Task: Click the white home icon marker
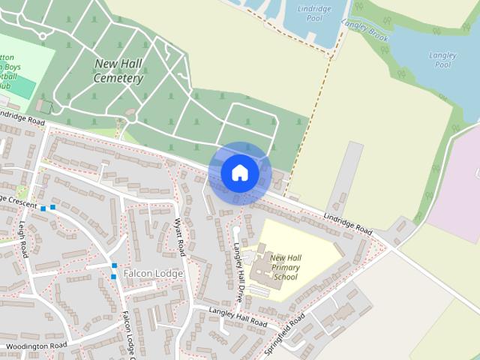tap(239, 173)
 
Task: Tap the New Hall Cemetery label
tap(118, 71)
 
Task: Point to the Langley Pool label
tap(442, 59)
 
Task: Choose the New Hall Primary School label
tap(286, 267)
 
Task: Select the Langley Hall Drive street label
tap(238, 272)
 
